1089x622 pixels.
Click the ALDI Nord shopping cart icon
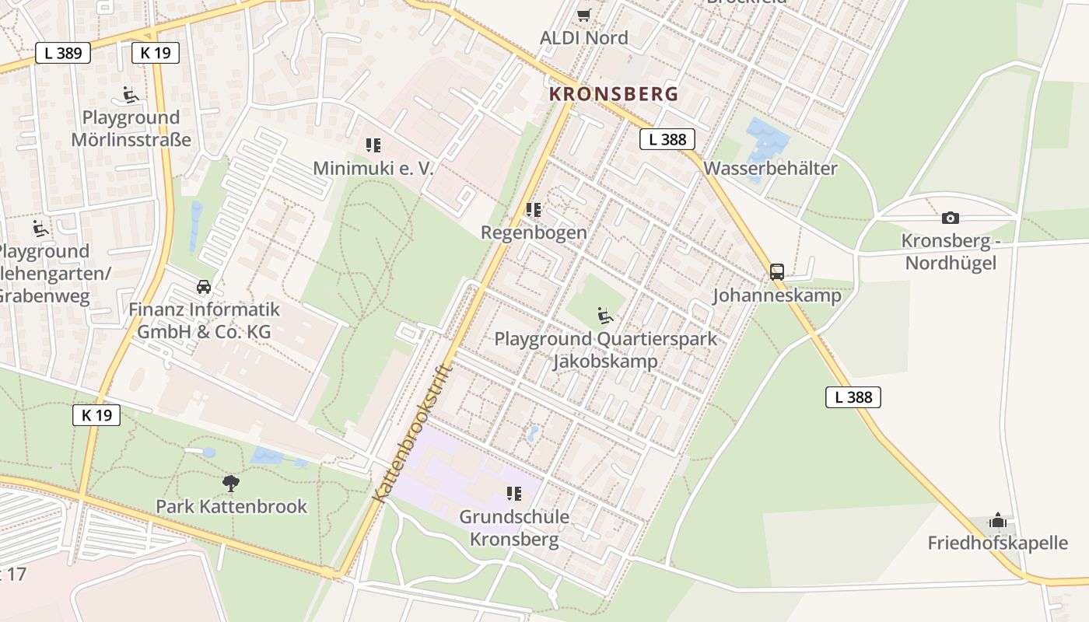[584, 15]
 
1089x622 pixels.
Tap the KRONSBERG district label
[614, 94]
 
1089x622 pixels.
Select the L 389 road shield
[63, 53]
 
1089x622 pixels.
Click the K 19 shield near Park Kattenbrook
[96, 415]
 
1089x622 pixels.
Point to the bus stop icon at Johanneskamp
[776, 272]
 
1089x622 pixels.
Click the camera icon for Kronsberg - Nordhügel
[950, 218]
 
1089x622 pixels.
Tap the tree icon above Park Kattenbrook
[230, 484]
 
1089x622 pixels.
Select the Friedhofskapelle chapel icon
[997, 520]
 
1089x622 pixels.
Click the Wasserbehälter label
[770, 168]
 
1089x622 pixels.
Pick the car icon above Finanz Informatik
[204, 287]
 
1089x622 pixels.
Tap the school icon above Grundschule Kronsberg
[513, 494]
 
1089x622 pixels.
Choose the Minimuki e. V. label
[373, 168]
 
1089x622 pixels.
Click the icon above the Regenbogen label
[533, 210]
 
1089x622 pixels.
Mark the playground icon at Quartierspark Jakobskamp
[604, 316]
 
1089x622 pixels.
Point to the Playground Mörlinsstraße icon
[131, 95]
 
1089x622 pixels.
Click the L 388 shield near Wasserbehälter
[667, 139]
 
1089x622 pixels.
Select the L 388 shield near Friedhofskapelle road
[853, 397]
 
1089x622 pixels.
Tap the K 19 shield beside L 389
[156, 53]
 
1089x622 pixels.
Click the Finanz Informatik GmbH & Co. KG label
[204, 320]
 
